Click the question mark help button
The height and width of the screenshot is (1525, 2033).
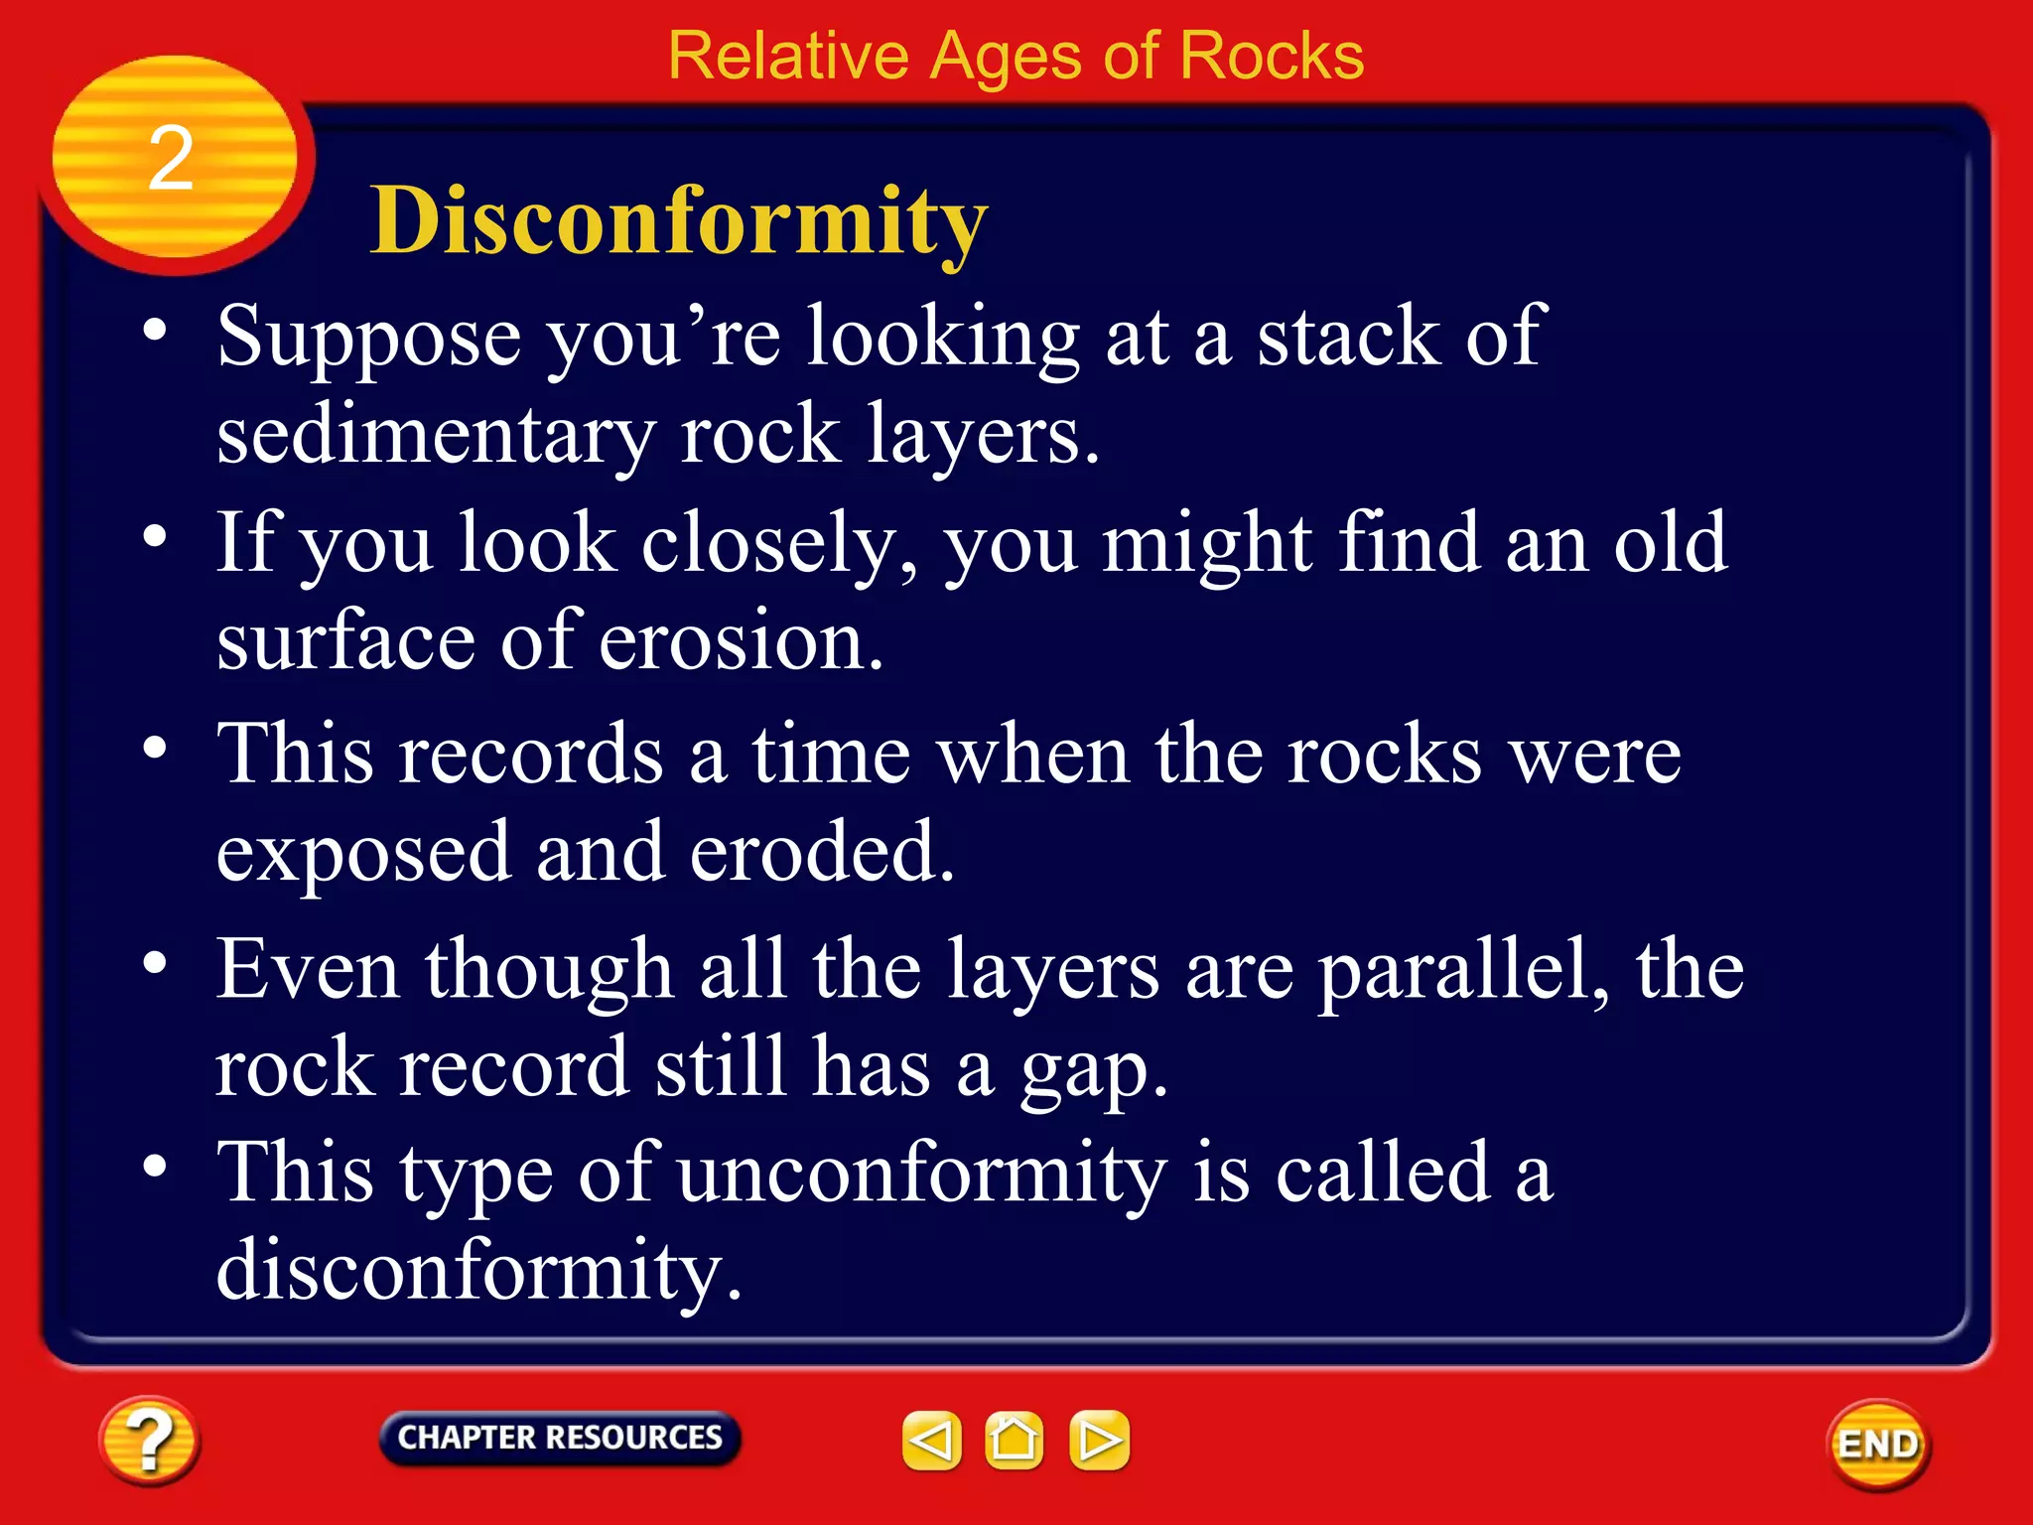pyautogui.click(x=149, y=1441)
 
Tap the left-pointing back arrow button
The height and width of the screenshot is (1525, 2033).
pyautogui.click(x=931, y=1441)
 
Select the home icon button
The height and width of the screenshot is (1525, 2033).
pyautogui.click(x=1014, y=1441)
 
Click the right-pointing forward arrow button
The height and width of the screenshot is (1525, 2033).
pyautogui.click(x=1099, y=1441)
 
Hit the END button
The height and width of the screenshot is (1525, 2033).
pyautogui.click(x=1878, y=1444)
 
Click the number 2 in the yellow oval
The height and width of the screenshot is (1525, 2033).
pyautogui.click(x=171, y=159)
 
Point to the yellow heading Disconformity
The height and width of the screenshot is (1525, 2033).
pyautogui.click(x=679, y=220)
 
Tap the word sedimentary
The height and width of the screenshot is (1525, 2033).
pyautogui.click(x=435, y=437)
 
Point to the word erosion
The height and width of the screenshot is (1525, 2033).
pyautogui.click(x=741, y=642)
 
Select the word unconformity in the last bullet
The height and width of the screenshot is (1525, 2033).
pyautogui.click(x=922, y=1174)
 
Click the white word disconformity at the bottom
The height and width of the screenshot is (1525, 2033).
pyautogui.click(x=478, y=1270)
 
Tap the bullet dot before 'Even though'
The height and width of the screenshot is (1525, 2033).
pyautogui.click(x=155, y=962)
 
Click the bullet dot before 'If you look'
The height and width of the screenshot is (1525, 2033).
pyautogui.click(x=155, y=537)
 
